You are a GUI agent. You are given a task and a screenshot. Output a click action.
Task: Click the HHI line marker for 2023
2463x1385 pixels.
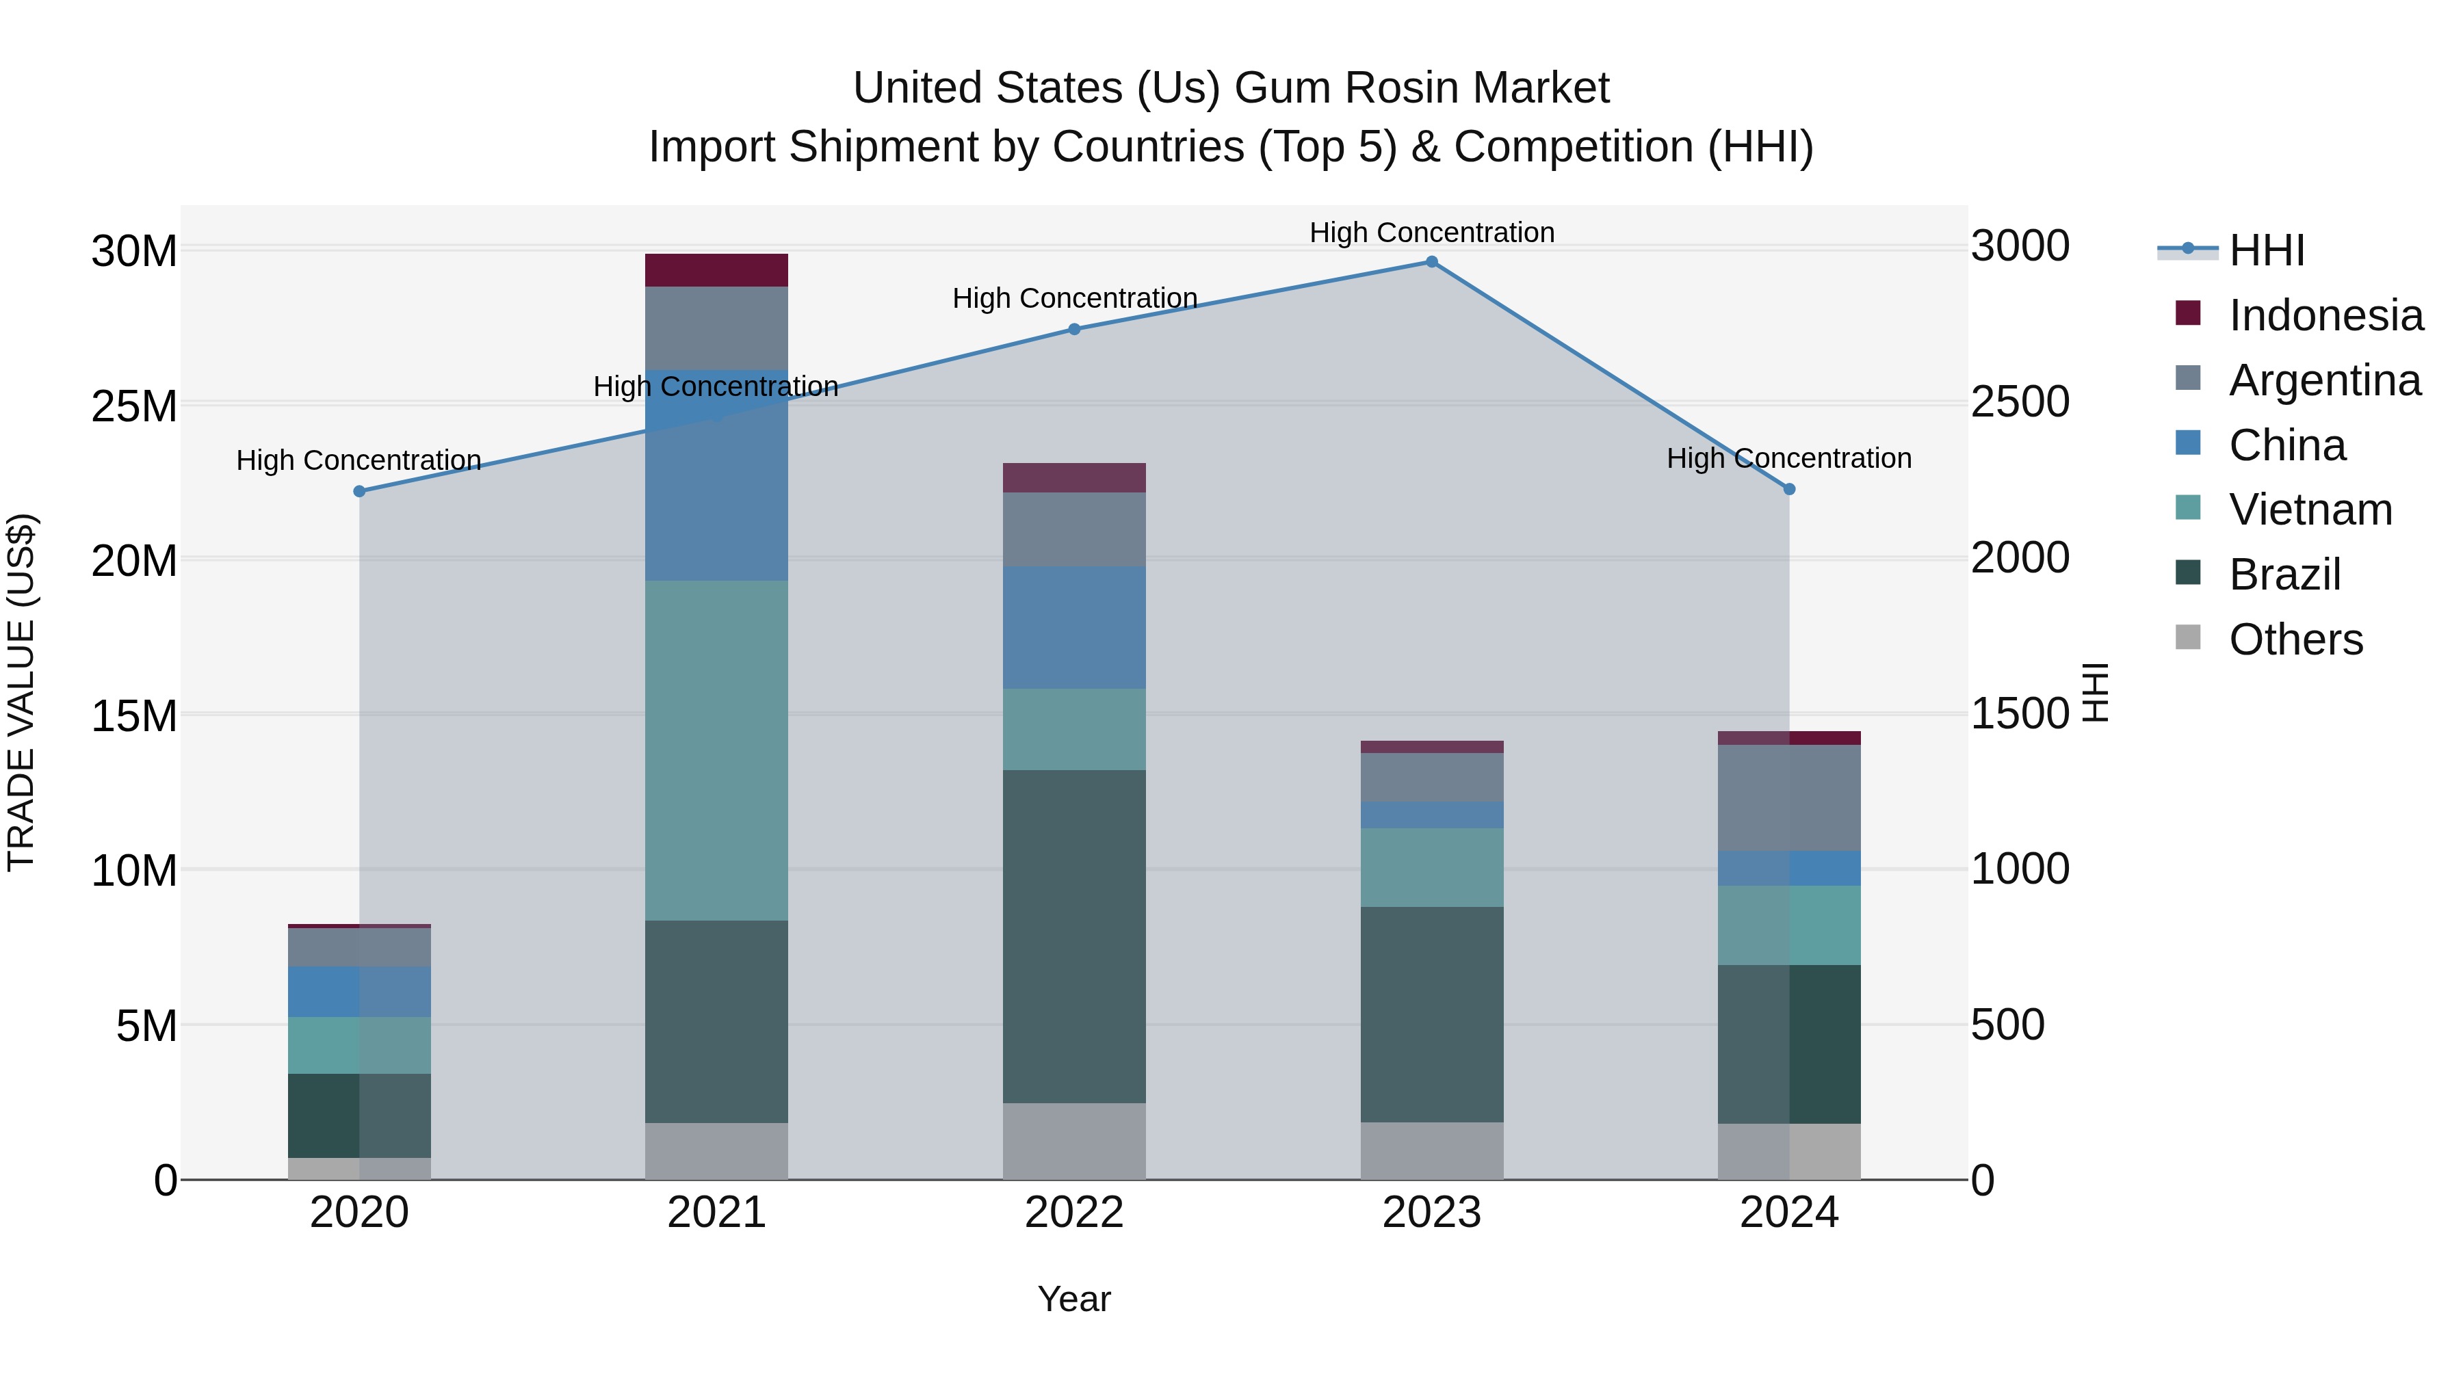pos(1431,262)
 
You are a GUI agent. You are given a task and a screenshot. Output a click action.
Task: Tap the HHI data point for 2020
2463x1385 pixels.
pos(359,491)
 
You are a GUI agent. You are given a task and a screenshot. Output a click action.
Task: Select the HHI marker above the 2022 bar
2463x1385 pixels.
pos(1073,329)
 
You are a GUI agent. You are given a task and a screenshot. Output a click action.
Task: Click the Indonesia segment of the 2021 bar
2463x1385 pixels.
pos(716,270)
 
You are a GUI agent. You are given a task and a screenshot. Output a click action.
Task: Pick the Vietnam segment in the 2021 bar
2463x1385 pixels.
pos(716,750)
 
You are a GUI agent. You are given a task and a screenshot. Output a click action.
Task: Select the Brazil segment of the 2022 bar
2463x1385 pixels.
pos(1073,937)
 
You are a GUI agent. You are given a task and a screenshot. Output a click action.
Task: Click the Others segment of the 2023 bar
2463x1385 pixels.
pos(1431,1151)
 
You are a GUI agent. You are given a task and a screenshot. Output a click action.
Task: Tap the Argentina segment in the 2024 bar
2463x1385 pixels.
pos(1789,797)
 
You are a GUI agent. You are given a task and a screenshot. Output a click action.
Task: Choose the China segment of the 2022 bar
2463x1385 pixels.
pos(1073,627)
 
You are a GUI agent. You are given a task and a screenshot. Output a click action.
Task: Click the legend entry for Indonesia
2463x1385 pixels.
pos(2325,315)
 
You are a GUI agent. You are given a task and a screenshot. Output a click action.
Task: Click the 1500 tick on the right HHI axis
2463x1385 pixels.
pos(2020,713)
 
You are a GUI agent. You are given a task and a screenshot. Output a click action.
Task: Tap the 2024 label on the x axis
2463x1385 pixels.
pos(1789,1213)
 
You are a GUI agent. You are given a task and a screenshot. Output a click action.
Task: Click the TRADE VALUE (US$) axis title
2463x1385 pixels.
pos(21,692)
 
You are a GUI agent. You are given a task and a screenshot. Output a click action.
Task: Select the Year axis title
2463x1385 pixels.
pos(1073,1299)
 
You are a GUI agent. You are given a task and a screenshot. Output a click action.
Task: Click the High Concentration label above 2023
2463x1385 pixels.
pos(1431,233)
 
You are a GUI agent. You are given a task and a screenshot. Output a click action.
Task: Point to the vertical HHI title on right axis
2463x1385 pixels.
pos(2095,692)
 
